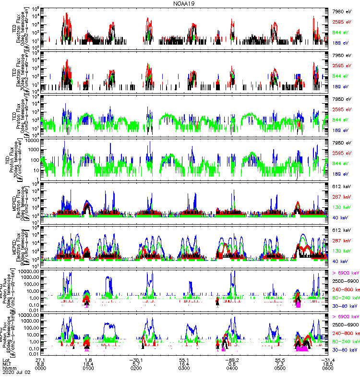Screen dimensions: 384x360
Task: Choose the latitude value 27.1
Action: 40,359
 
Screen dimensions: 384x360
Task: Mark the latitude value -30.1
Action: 136,359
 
